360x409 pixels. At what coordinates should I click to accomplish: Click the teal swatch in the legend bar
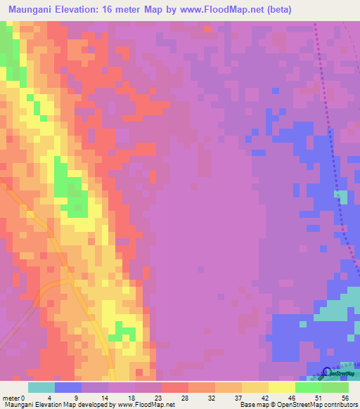click(41, 387)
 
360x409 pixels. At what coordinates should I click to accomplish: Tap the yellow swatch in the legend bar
click(282, 387)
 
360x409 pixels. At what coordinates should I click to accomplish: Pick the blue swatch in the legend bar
click(68, 387)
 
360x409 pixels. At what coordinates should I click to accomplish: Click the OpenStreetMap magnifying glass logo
click(326, 372)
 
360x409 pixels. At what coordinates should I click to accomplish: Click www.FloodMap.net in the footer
click(146, 405)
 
